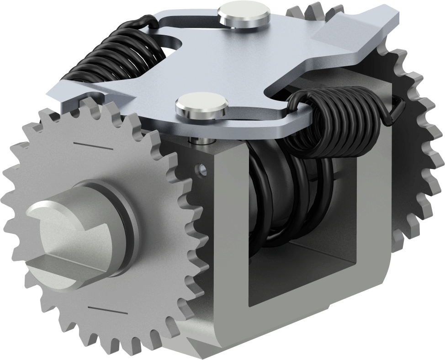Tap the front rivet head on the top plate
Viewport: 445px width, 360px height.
coord(201,106)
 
